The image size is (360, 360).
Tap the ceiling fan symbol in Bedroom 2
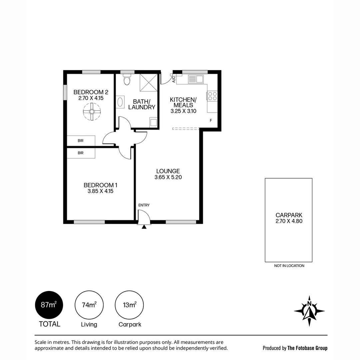(92, 112)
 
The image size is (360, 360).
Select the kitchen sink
(196, 79)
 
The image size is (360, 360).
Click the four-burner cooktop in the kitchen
(212, 96)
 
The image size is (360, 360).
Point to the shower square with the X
(149, 83)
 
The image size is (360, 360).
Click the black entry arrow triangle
(144, 227)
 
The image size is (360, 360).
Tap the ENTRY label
(144, 205)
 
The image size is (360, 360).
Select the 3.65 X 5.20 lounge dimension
(168, 177)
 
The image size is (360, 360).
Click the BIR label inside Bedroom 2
(81, 141)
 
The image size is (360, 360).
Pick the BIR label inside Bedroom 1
(81, 153)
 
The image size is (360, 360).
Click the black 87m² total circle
(49, 305)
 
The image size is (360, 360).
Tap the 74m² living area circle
(89, 305)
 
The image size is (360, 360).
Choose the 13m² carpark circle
(129, 305)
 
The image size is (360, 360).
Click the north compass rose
(309, 311)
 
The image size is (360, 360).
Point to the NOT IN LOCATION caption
(289, 266)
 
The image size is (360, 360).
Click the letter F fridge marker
(211, 121)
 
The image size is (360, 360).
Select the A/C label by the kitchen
(174, 79)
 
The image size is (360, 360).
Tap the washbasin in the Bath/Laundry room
(120, 102)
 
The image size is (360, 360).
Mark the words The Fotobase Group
(307, 348)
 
